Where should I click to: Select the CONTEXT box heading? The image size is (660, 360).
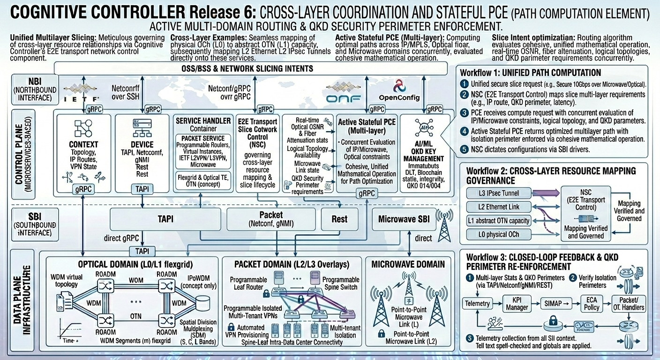[83, 144]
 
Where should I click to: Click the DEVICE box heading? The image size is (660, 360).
[142, 144]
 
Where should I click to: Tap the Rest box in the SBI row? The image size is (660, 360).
[339, 219]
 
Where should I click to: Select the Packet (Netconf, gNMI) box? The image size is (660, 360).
[271, 219]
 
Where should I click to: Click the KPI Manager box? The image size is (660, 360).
[517, 304]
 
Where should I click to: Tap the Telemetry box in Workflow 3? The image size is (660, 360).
[477, 303]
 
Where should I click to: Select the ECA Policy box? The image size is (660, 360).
[592, 304]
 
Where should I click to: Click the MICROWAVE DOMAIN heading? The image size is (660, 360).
[408, 264]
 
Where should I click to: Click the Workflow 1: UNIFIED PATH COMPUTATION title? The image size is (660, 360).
[530, 73]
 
